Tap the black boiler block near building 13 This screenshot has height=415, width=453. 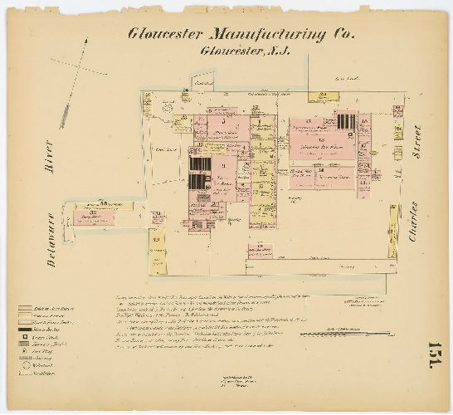(345, 121)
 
